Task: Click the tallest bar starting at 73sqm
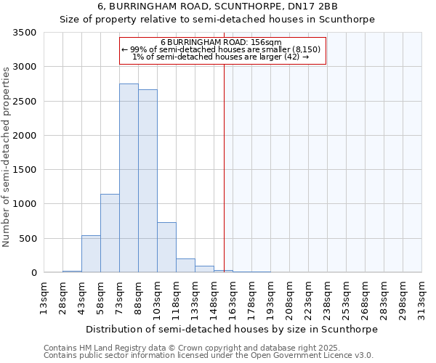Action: pyautogui.click(x=129, y=178)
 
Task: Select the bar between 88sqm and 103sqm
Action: pyautogui.click(x=148, y=181)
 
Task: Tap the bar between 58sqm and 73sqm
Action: pyautogui.click(x=110, y=233)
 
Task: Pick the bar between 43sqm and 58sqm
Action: pyautogui.click(x=91, y=254)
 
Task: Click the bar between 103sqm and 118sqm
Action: pyautogui.click(x=166, y=248)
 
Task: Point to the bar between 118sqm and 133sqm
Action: pyautogui.click(x=185, y=266)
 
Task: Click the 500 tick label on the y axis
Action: pyautogui.click(x=28, y=238)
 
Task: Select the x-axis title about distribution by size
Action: pyautogui.click(x=232, y=329)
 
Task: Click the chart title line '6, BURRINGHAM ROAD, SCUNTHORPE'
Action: pyautogui.click(x=218, y=7)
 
